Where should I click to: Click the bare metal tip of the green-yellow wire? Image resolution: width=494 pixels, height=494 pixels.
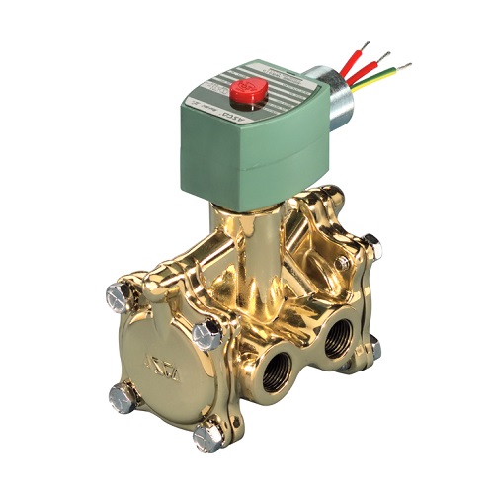pos(405,65)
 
